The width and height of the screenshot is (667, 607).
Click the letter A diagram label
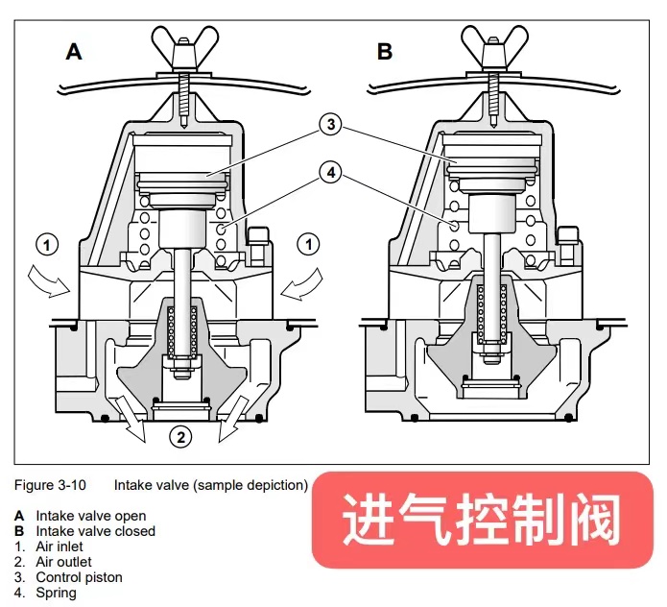74,52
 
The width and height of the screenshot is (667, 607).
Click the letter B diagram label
385,52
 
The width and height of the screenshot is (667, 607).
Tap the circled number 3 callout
329,124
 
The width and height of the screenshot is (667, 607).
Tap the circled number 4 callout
329,173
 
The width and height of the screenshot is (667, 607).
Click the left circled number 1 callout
47,244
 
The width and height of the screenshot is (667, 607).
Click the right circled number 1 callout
310,244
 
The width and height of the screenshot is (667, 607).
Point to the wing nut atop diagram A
180,48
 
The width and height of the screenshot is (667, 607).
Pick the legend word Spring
56,593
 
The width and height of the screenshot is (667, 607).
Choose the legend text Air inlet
62,546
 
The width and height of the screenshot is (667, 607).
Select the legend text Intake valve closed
95,531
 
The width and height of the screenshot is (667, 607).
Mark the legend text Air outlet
64,562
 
